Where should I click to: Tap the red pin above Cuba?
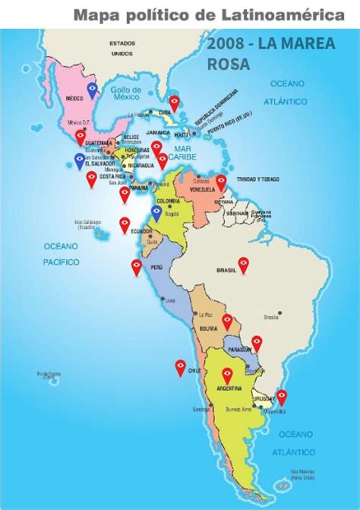[x=175, y=102]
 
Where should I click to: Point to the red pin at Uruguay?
[x=282, y=396]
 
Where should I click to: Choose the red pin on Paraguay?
[x=257, y=344]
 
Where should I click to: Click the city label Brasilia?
[x=270, y=316]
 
